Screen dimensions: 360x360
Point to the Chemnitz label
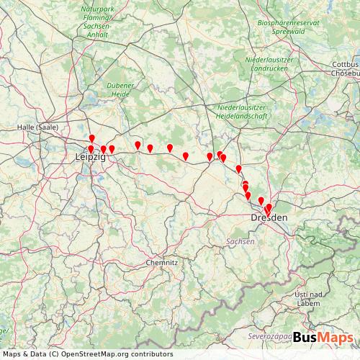tap(161, 263)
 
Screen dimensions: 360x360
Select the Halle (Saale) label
tap(37, 127)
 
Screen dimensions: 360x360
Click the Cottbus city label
tap(345, 64)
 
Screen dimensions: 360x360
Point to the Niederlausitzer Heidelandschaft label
tap(242, 112)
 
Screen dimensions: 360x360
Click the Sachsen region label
tap(240, 242)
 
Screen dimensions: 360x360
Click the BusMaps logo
tap(323, 337)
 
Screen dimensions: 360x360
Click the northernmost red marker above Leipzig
tap(91, 139)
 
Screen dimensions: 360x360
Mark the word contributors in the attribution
tap(148, 354)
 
